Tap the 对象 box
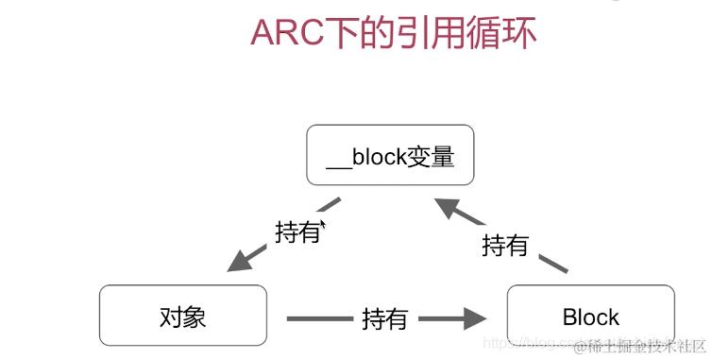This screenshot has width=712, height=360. coord(181,316)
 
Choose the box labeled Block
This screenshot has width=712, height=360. coord(590,316)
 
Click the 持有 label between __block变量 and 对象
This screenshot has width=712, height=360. coord(297,231)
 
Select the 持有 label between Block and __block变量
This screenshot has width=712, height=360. coord(504,247)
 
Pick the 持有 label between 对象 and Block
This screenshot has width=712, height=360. coord(384,319)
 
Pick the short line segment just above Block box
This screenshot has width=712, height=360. coord(555,264)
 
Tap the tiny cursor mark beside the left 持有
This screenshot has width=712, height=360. coord(323,225)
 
